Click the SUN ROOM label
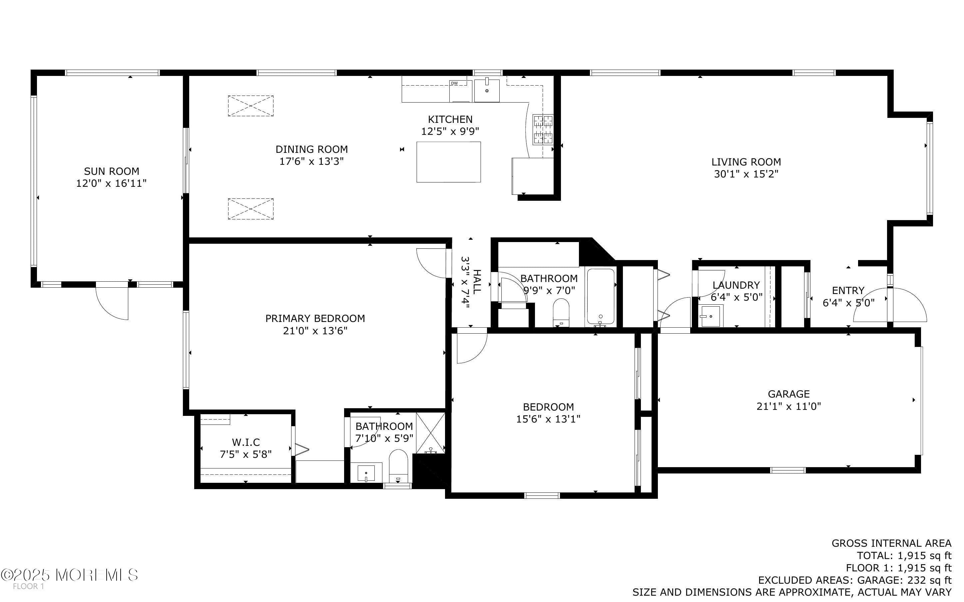tap(111, 171)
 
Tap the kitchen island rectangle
tap(448, 162)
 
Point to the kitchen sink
tap(487, 91)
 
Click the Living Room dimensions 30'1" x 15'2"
tap(746, 174)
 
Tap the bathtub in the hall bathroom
tap(601, 296)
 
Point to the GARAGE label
tap(788, 394)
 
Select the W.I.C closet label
tap(246, 442)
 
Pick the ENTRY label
tap(848, 290)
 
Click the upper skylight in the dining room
tap(250, 106)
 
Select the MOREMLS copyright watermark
tap(70, 575)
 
